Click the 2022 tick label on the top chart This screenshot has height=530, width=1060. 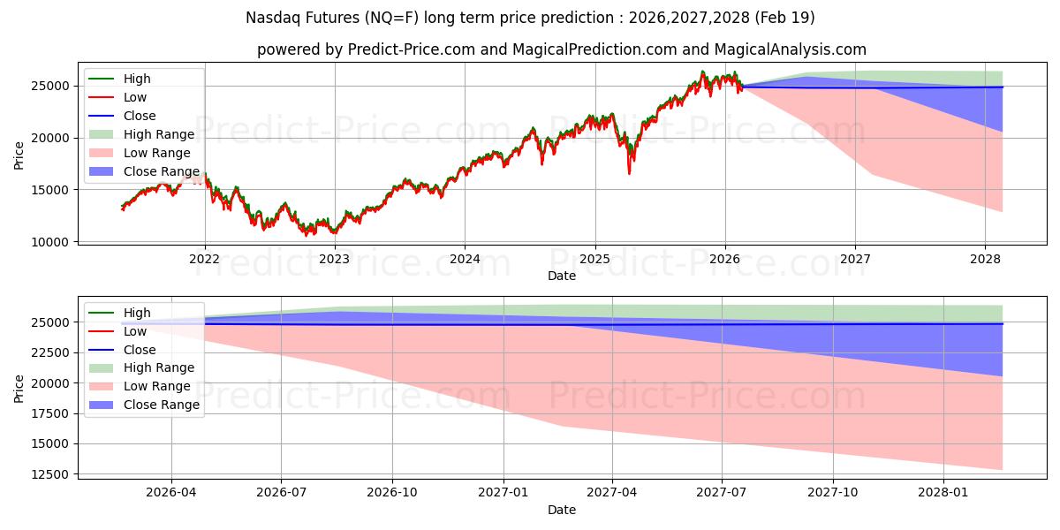(204, 259)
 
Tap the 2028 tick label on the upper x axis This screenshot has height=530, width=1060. (985, 259)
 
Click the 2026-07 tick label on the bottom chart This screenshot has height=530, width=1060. (281, 493)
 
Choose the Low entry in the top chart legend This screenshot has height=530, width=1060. (135, 97)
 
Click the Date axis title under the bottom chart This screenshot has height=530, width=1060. (562, 510)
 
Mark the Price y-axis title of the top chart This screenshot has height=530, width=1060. (19, 155)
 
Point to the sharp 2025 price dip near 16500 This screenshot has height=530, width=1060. (630, 171)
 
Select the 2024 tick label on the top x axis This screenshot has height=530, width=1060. (465, 259)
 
